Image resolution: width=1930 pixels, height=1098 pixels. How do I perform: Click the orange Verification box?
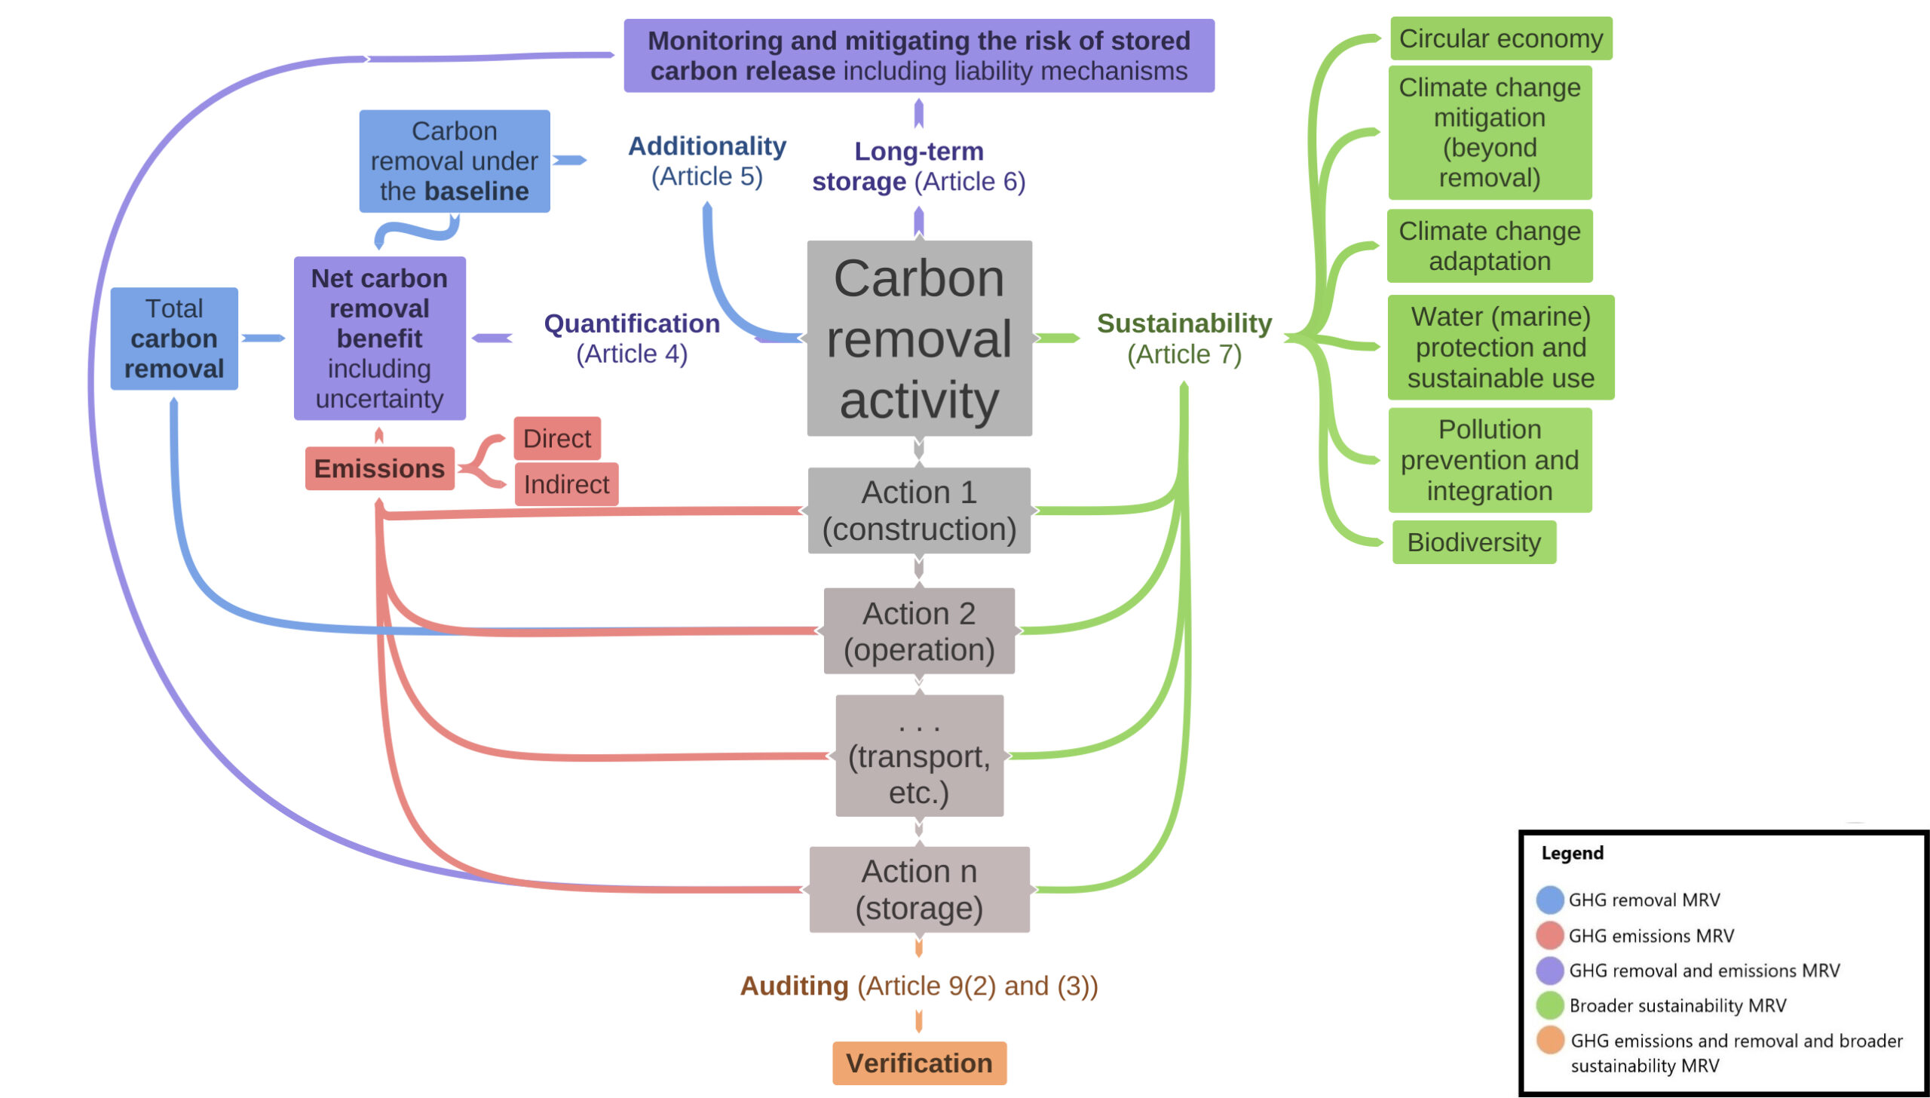[919, 1063]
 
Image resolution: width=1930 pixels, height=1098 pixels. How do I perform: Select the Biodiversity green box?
[1474, 542]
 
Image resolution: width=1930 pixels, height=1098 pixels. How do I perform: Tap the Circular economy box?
[1500, 38]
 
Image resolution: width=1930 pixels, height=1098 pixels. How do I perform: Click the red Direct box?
[557, 438]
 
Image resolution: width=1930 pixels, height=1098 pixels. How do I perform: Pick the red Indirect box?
[566, 484]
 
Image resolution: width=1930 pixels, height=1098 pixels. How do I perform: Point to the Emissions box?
[379, 468]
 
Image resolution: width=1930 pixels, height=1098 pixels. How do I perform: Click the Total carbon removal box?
[174, 339]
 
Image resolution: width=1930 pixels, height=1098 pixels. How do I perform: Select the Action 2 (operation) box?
[919, 631]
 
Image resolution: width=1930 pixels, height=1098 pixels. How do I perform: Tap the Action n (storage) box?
[919, 890]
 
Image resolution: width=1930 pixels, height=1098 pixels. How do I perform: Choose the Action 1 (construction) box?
[919, 511]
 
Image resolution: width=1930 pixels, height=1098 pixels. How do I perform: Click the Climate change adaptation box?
[1490, 246]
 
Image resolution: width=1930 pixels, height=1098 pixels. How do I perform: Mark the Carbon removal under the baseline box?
[455, 161]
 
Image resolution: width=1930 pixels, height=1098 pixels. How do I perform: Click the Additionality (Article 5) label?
[707, 161]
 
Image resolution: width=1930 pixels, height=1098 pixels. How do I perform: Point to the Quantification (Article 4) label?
[632, 338]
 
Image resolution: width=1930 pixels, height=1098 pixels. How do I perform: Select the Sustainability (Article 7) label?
[1184, 338]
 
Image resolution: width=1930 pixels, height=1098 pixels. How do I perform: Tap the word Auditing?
[794, 986]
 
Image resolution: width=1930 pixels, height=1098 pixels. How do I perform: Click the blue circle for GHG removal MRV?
[1550, 900]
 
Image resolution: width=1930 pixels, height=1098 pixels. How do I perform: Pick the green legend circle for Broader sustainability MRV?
[1550, 1005]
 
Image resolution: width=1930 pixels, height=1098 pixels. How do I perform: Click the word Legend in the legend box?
[1572, 853]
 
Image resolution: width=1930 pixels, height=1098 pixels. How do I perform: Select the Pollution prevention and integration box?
[1490, 460]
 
